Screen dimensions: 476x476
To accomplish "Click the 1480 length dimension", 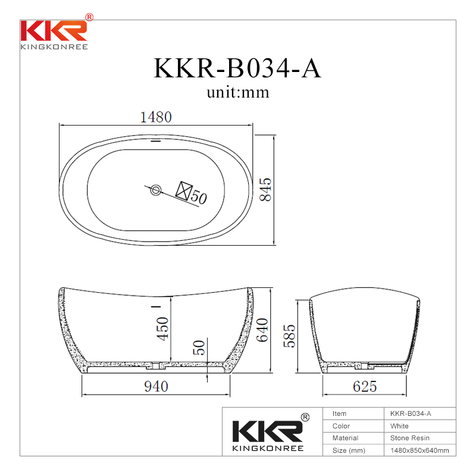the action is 156,117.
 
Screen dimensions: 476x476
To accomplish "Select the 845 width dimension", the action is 265,189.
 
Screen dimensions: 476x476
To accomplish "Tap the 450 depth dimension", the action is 162,329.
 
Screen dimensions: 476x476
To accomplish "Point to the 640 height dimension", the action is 262,330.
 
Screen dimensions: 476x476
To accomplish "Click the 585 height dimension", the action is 289,336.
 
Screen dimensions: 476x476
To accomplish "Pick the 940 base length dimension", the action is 156,386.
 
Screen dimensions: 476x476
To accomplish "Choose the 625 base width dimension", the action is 365,386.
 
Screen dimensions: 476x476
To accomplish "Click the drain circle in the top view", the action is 156,190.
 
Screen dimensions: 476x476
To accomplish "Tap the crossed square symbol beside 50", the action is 184,191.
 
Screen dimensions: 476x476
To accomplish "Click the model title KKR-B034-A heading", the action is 237,68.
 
